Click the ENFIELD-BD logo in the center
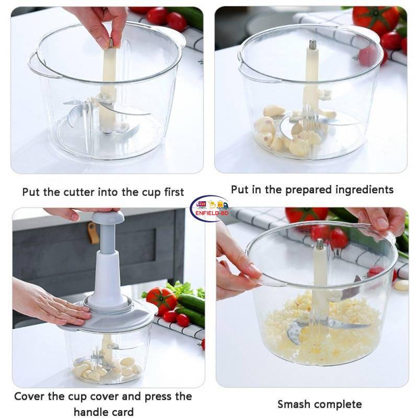pos(209,208)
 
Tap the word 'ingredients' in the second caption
pos(363,189)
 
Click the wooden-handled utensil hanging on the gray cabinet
pos(93,233)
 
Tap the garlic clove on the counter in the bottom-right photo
pos(401,285)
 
